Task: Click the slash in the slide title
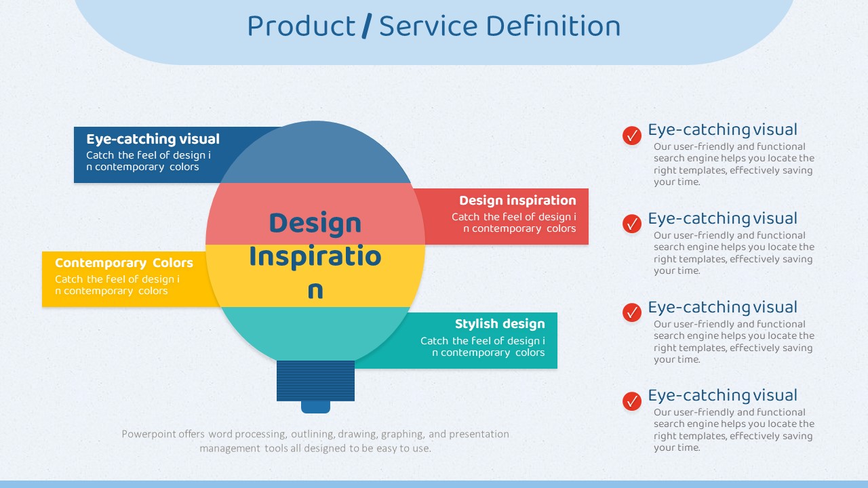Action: [x=367, y=26]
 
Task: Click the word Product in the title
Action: [x=301, y=26]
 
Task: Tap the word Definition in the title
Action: [x=553, y=26]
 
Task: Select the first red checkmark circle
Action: [x=631, y=136]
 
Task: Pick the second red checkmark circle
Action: [x=631, y=224]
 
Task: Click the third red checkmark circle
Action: [x=631, y=312]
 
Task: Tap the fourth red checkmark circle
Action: [x=631, y=401]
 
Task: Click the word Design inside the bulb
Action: [x=315, y=224]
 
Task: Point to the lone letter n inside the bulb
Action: [x=315, y=291]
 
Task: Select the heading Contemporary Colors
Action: [x=124, y=263]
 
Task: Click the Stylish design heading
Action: [x=500, y=324]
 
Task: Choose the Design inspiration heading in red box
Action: [x=517, y=200]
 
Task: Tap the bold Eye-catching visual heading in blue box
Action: [x=153, y=139]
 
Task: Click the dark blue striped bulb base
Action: [x=315, y=381]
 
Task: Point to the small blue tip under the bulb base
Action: [x=315, y=407]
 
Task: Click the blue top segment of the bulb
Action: [x=315, y=155]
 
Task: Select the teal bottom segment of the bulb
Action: [x=315, y=331]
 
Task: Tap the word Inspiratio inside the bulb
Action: [x=315, y=257]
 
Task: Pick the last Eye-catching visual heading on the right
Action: [x=723, y=395]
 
